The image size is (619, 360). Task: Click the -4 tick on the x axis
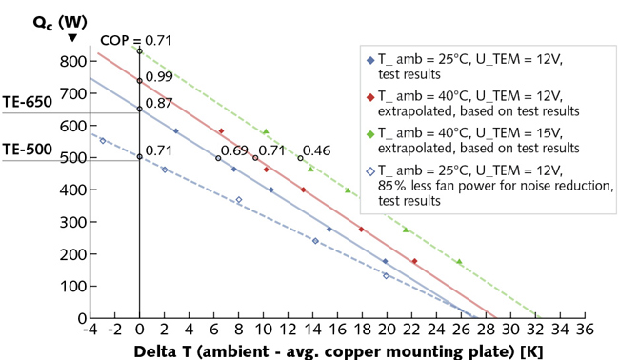click(90, 330)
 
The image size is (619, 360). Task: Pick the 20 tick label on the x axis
click(386, 330)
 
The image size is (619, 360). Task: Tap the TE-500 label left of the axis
click(28, 150)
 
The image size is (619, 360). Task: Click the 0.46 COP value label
click(316, 150)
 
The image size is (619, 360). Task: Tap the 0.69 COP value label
click(234, 150)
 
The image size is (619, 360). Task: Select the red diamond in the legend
click(369, 96)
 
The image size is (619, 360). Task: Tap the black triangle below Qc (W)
click(72, 38)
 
